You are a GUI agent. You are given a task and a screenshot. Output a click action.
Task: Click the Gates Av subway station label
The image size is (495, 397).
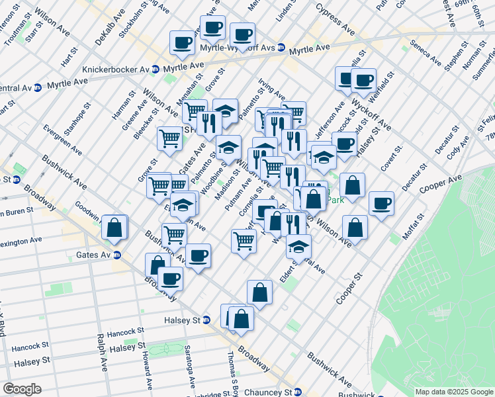[x=96, y=255]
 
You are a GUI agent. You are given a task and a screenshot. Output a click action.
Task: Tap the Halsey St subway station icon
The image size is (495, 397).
[x=206, y=320]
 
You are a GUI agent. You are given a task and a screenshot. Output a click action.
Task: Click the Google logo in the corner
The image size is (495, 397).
[x=21, y=389]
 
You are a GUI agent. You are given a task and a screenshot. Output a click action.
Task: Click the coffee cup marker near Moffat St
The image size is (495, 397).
[x=381, y=204]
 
